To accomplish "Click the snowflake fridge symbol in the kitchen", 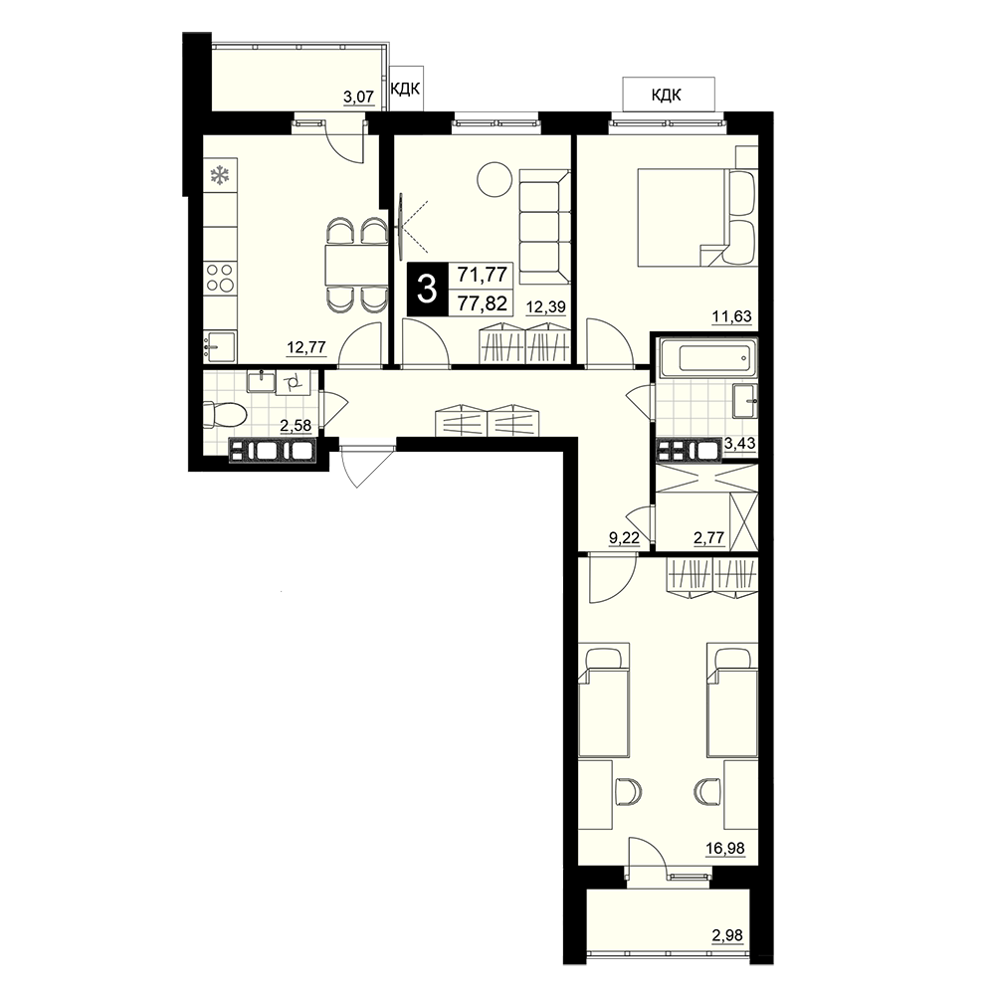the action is (220, 176).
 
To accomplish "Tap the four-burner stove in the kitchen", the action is (220, 278).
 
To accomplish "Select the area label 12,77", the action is (305, 347).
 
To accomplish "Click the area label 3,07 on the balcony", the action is (358, 98).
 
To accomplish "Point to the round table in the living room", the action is (495, 179).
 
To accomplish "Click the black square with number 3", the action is (427, 290).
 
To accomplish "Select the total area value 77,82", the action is (483, 303).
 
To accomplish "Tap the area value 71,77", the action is (483, 275).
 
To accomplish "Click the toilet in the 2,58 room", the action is (225, 416).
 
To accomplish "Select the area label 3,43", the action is (740, 443).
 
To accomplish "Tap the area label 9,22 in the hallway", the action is (625, 538).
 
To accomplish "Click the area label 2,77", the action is (708, 538).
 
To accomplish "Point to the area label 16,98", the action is (725, 849).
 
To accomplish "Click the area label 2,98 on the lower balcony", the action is (726, 935).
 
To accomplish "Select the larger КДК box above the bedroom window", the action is (669, 95).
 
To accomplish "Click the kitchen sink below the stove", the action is (220, 347).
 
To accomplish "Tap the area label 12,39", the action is (545, 307).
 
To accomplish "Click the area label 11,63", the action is (731, 316).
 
